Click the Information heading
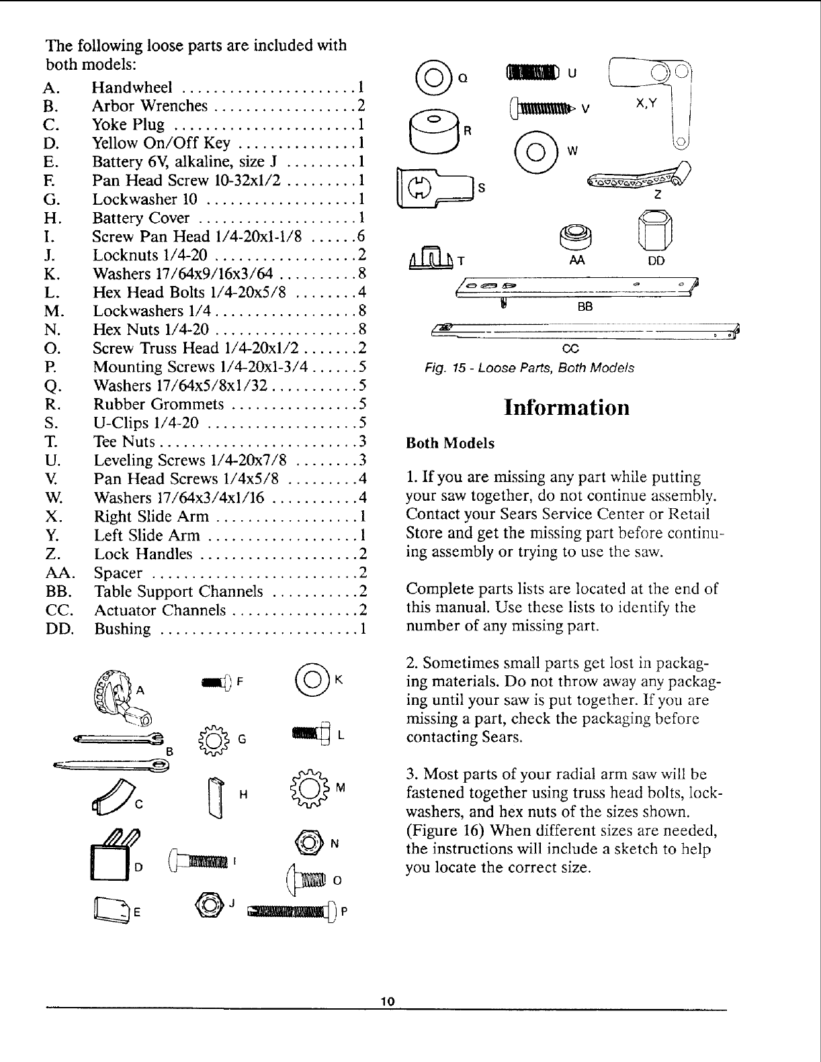pos(567,407)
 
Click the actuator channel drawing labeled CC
pos(585,330)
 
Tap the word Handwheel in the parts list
pos(133,88)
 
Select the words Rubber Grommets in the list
pos(159,404)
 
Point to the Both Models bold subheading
pos(450,444)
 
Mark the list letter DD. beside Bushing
pos(60,630)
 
